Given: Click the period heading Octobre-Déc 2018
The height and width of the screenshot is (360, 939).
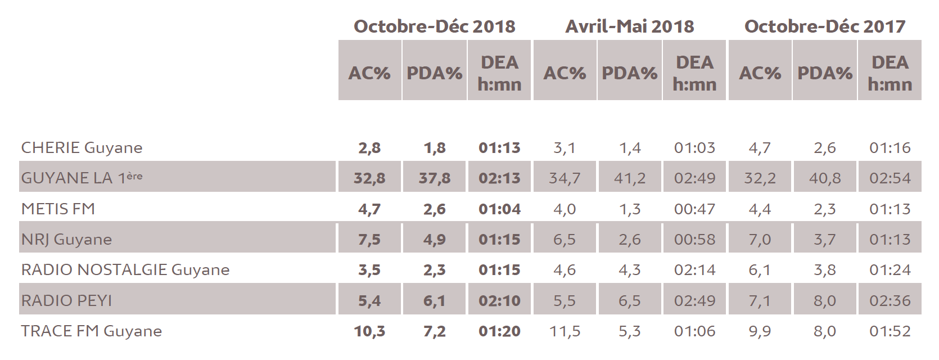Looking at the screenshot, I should (434, 26).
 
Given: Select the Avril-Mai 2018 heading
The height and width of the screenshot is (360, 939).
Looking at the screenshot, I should (629, 26).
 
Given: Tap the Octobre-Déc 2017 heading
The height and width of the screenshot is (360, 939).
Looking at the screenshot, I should (824, 26).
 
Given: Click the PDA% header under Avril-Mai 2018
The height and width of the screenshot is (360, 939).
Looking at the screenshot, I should (629, 73).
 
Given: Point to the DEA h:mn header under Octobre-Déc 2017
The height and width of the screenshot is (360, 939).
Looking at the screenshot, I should (890, 73).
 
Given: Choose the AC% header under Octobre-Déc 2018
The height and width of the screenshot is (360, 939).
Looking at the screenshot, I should (369, 73).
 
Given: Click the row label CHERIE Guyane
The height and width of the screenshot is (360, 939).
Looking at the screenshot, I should (82, 148).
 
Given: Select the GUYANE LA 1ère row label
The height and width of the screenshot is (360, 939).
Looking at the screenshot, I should (82, 178).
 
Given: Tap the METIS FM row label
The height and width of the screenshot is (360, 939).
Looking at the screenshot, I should (58, 209).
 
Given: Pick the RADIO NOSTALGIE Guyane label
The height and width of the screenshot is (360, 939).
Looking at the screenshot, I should (125, 270).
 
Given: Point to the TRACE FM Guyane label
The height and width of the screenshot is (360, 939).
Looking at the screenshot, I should (91, 331).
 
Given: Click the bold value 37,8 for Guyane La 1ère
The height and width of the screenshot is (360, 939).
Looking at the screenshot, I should (434, 178).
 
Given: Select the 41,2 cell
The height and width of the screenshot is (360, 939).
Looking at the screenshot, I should (629, 178).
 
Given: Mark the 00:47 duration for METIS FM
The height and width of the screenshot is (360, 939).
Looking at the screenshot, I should (694, 209).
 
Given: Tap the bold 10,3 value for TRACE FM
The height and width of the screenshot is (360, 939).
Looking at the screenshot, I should (369, 331).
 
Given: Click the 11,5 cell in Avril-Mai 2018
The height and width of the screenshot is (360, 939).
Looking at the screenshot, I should (565, 331).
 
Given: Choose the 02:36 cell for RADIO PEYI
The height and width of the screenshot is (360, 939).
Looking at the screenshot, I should (890, 301).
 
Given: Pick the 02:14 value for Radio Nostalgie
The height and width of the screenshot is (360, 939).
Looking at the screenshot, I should (694, 270).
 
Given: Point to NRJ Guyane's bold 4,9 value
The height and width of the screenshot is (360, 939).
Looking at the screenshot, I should (434, 240).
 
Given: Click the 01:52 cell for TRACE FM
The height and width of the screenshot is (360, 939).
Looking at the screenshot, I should (890, 331).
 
